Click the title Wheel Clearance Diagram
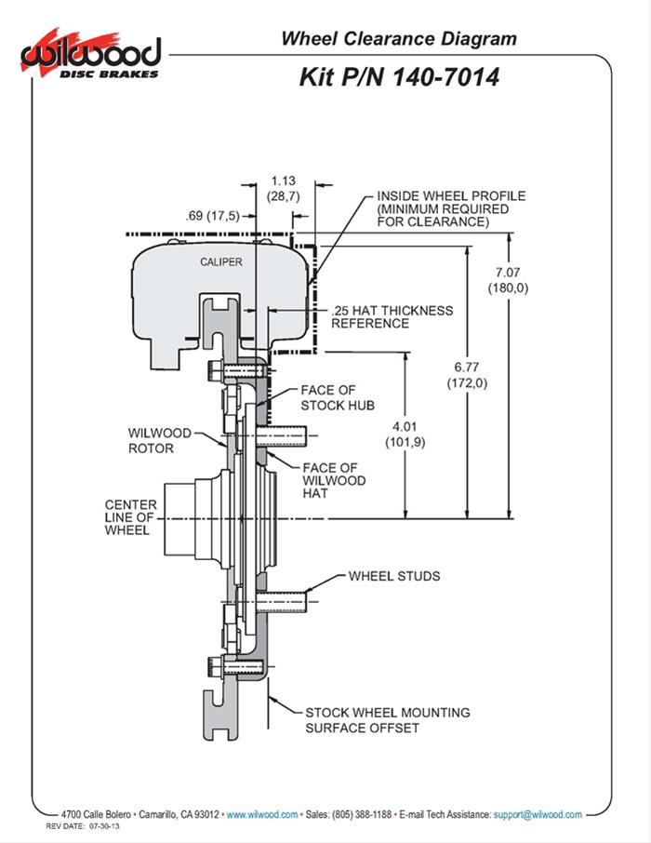pos(399,39)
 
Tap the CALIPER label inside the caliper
pos(221,261)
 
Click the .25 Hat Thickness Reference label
pos(392,316)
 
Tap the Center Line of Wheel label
pos(131,517)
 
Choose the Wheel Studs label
pos(394,576)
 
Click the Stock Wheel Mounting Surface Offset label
pos(388,719)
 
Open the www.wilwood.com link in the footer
pos(262,814)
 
